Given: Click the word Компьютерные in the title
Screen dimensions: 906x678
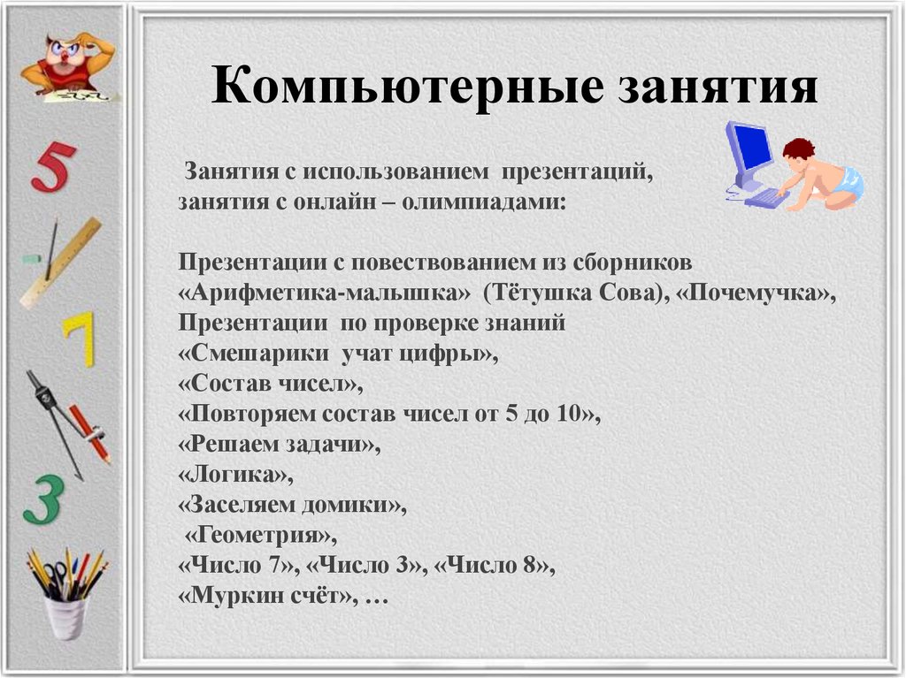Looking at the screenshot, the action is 407,87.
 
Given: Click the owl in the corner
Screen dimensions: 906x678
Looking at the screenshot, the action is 68,65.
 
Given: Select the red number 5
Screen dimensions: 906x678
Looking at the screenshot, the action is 53,166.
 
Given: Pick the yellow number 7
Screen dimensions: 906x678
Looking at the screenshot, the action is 80,339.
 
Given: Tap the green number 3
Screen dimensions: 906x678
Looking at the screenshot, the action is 44,499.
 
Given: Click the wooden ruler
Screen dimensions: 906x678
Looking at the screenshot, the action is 61,263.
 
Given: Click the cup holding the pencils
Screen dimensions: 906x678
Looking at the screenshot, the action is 65,618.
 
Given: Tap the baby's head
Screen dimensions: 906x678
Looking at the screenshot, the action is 798,152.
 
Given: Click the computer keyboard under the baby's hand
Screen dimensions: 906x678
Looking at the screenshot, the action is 766,197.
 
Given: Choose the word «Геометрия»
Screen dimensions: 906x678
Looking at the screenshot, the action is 257,535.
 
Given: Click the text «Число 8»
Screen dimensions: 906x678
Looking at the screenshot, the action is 490,565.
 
